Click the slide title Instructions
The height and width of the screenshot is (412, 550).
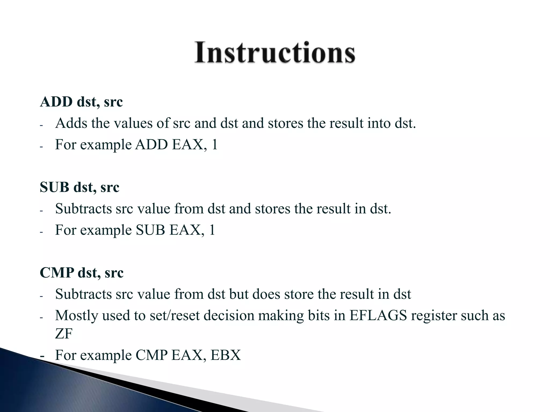coord(275,52)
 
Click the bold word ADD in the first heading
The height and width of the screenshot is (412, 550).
coord(56,102)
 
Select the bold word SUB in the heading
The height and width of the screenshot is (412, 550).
coord(54,187)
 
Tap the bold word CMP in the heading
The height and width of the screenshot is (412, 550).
coord(57,273)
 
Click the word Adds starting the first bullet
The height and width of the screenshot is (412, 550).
coord(71,123)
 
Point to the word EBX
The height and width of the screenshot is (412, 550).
coord(226,355)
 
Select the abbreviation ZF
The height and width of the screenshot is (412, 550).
coord(64,334)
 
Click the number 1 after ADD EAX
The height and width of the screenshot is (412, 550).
coord(214,145)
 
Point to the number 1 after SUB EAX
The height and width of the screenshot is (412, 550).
coord(212,230)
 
